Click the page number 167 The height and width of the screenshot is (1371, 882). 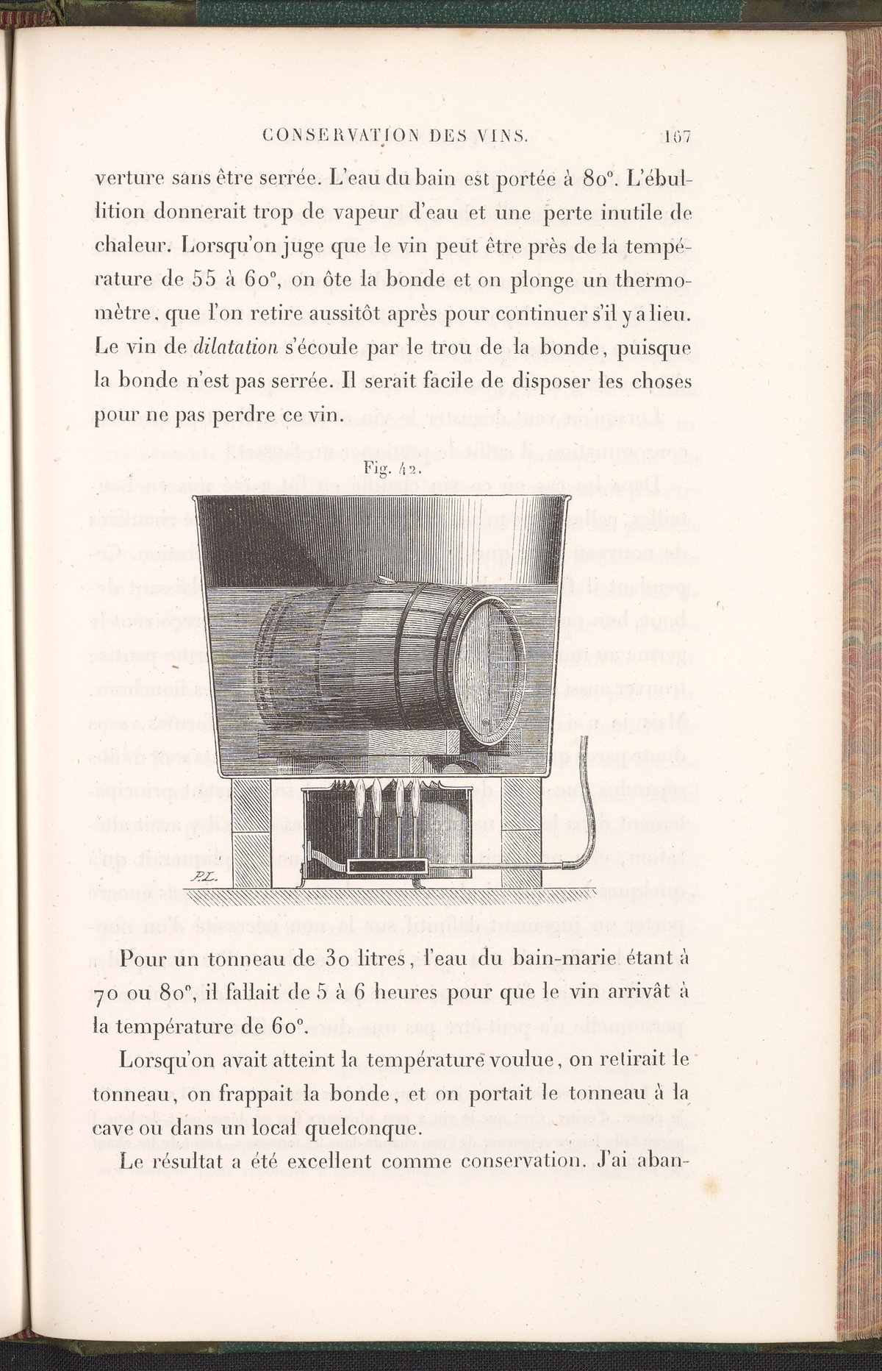click(677, 137)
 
